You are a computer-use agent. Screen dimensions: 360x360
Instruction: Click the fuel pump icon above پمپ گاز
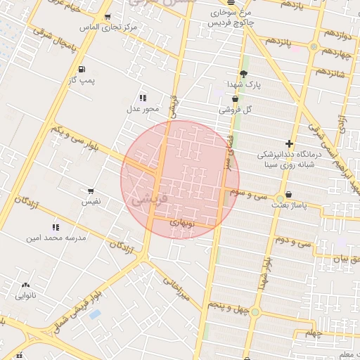[x=82, y=69]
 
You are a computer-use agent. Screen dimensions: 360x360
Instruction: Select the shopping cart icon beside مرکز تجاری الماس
[x=107, y=17]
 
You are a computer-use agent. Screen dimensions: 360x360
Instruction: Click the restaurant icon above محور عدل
[x=143, y=98]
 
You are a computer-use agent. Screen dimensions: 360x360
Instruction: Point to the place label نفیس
[x=91, y=202]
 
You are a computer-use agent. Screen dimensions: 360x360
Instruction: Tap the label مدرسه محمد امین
[x=56, y=238]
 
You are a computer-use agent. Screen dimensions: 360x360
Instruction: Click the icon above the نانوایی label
[x=26, y=285]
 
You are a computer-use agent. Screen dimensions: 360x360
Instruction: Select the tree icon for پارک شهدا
[x=243, y=74]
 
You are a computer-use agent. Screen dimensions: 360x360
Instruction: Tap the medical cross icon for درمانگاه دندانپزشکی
[x=289, y=143]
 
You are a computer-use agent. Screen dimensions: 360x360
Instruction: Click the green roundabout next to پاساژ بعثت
[x=280, y=197]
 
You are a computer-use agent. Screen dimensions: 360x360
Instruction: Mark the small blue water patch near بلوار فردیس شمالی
[x=95, y=314]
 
